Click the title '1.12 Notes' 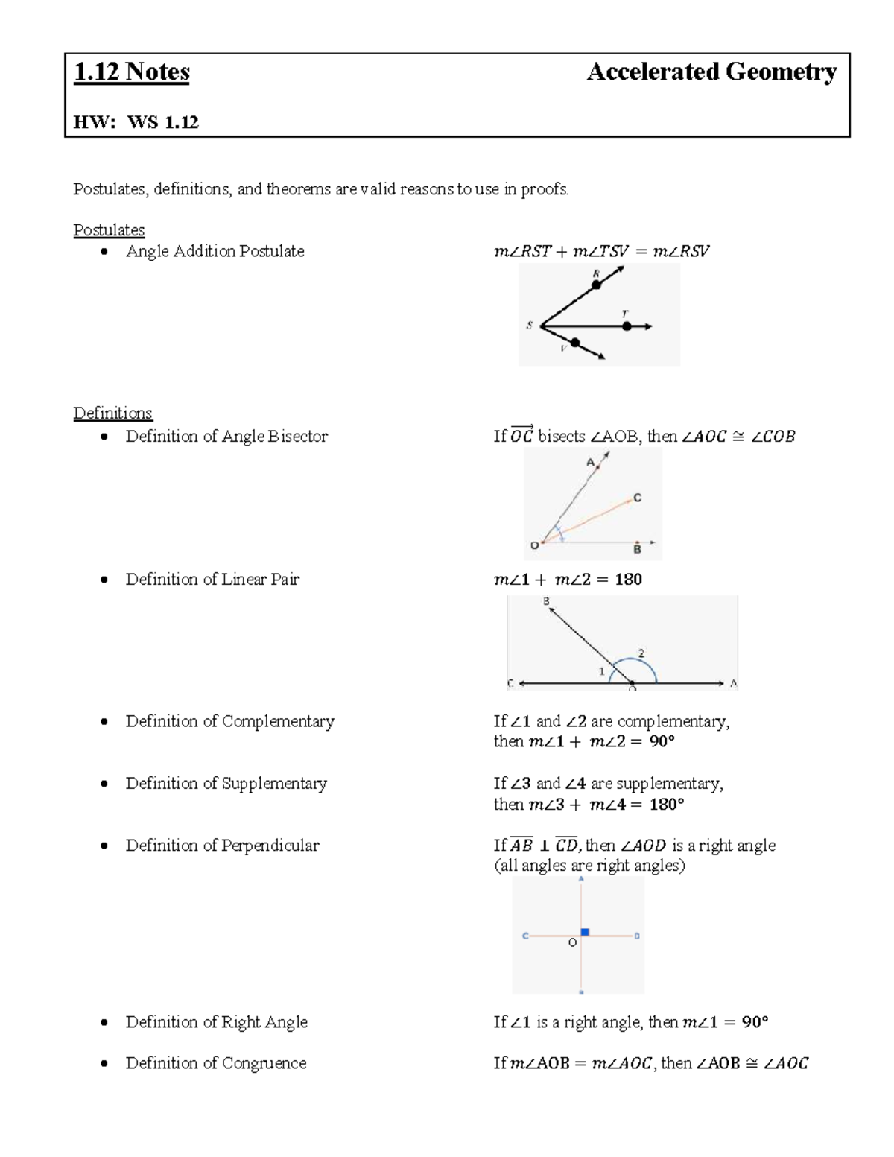point(132,72)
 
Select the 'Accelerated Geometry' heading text point(711,72)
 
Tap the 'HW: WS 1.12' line point(136,122)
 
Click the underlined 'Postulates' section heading point(109,230)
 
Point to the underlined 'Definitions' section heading point(112,413)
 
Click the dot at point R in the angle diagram point(596,285)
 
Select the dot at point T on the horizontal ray point(627,326)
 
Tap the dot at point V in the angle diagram point(575,343)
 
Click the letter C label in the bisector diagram point(638,498)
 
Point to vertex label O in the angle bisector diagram point(534,546)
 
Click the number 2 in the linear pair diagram point(641,654)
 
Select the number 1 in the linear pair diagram point(602,671)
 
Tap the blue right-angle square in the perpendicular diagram point(585,932)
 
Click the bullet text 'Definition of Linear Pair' point(212,580)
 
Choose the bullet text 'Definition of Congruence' point(216,1063)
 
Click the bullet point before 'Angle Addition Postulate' point(105,252)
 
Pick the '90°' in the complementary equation point(661,742)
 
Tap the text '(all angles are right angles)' point(589,866)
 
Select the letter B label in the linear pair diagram point(546,601)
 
